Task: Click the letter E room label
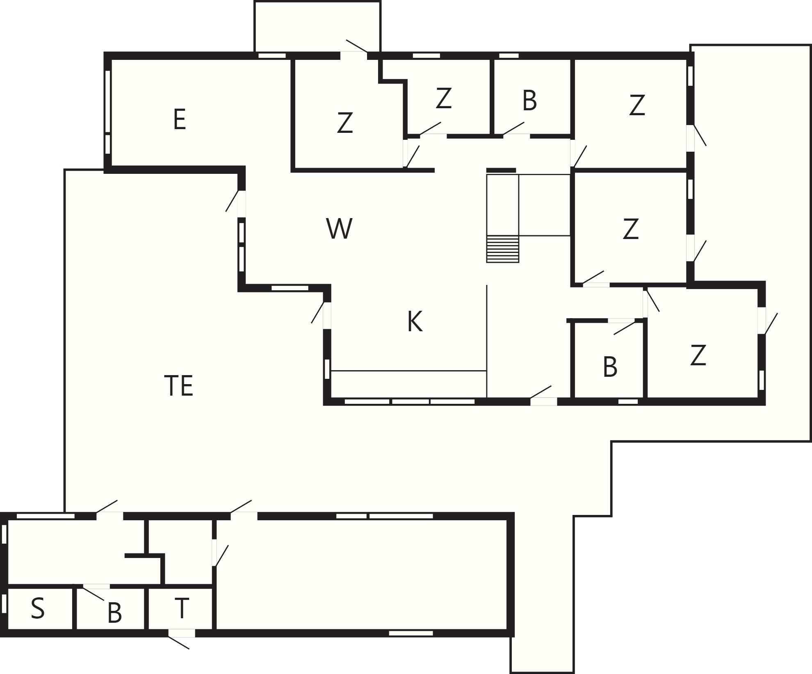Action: (x=180, y=119)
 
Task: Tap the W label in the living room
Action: (x=339, y=228)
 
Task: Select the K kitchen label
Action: (x=415, y=321)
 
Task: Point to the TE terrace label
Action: (x=178, y=385)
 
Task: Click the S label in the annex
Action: (x=38, y=608)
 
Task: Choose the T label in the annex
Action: (x=181, y=608)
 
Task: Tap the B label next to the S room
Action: (x=114, y=613)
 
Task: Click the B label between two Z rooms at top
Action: (x=529, y=100)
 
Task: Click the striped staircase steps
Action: (x=502, y=249)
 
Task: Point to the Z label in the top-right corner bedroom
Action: (x=637, y=105)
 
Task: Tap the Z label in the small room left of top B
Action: (x=443, y=98)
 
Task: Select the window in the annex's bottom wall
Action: (x=411, y=633)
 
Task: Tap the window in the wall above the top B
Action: (x=509, y=55)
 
